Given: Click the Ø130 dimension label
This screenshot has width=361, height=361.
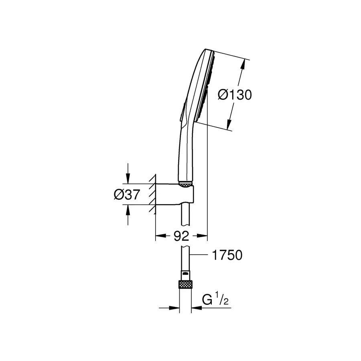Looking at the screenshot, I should click(x=235, y=95).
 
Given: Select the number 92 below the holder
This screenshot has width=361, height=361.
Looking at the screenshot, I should click(x=181, y=236).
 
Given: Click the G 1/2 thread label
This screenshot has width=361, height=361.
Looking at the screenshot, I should click(x=215, y=300).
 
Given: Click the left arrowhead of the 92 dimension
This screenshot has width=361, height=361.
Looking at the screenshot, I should click(x=159, y=236).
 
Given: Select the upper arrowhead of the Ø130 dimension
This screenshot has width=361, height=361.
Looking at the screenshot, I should click(x=242, y=65).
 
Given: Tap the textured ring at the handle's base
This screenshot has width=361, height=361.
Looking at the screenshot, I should click(x=186, y=185).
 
